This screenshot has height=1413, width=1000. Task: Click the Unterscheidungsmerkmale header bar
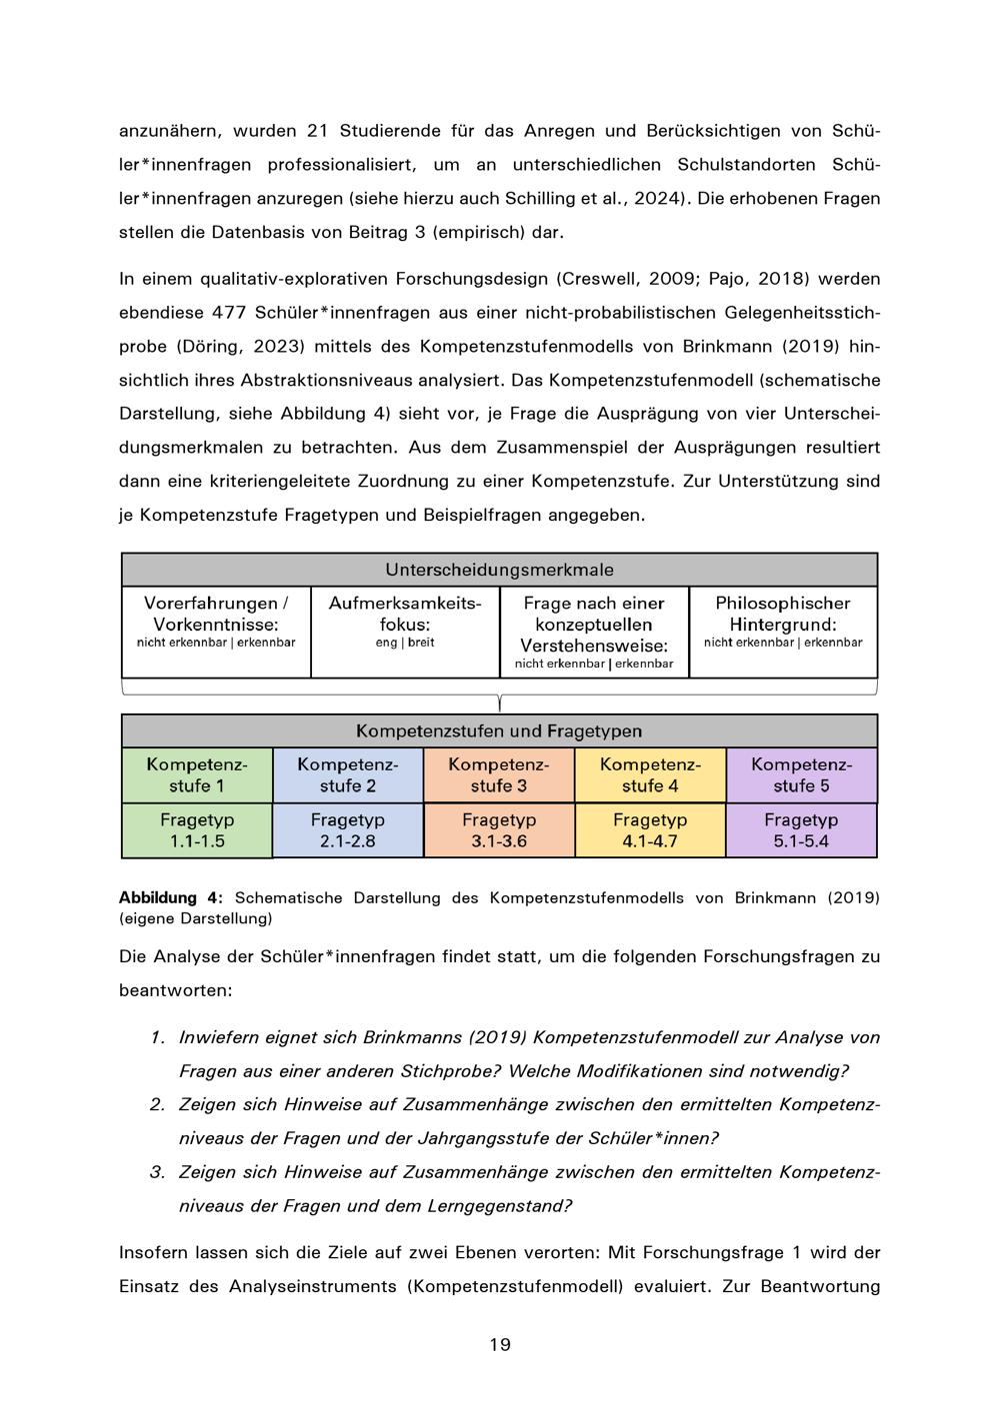click(499, 570)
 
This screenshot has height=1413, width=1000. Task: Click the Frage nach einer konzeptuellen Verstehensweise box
click(594, 632)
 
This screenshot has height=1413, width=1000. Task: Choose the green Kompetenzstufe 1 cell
click(197, 775)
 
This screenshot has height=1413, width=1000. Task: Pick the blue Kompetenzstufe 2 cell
click(348, 775)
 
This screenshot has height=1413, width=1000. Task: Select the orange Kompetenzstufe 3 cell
click(499, 775)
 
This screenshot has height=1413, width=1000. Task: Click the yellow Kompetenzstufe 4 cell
click(650, 775)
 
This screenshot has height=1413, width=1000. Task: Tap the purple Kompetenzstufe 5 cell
click(801, 775)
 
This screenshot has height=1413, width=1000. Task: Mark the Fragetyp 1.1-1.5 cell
click(197, 830)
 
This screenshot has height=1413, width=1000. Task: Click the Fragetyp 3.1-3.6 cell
click(499, 830)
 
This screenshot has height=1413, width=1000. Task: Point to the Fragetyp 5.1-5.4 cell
click(801, 830)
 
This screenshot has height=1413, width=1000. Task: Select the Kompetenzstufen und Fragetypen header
click(499, 730)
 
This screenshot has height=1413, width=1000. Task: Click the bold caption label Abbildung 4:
click(171, 897)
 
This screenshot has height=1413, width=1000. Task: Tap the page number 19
click(500, 1344)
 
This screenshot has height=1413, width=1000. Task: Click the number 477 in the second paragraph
click(231, 313)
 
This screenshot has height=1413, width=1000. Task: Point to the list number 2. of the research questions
click(157, 1104)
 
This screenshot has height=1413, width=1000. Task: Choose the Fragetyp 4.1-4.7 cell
click(650, 830)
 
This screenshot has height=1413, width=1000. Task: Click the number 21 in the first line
click(317, 131)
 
